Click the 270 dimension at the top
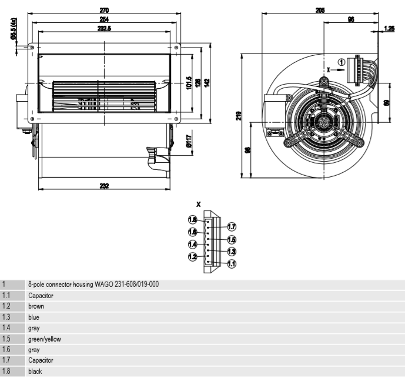point(104,10)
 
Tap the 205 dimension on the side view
point(320,10)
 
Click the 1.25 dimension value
point(389,28)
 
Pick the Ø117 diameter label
point(189,141)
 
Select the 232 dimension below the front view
point(104,186)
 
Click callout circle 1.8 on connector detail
point(192,220)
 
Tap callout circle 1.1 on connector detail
point(232,264)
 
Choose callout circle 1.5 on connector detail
point(232,239)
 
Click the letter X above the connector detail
point(198,204)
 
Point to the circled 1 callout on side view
point(342,62)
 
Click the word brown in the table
point(36,306)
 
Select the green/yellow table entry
point(45,339)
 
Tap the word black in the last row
point(35,372)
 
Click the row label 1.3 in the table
point(7,317)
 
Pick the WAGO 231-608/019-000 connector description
point(93,285)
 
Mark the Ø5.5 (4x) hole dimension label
point(13,29)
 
